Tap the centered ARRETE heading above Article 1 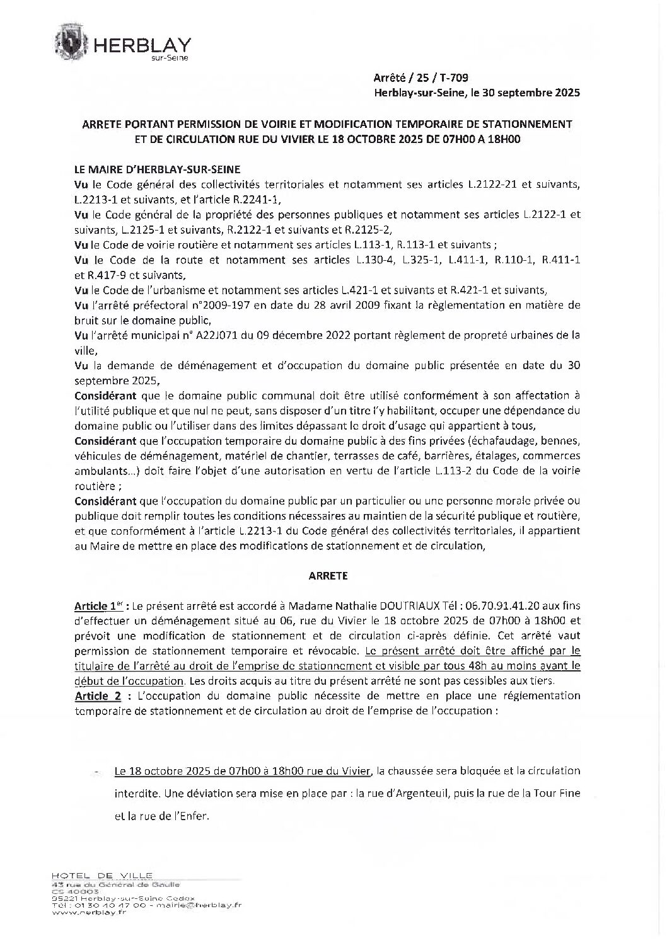(x=328, y=575)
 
